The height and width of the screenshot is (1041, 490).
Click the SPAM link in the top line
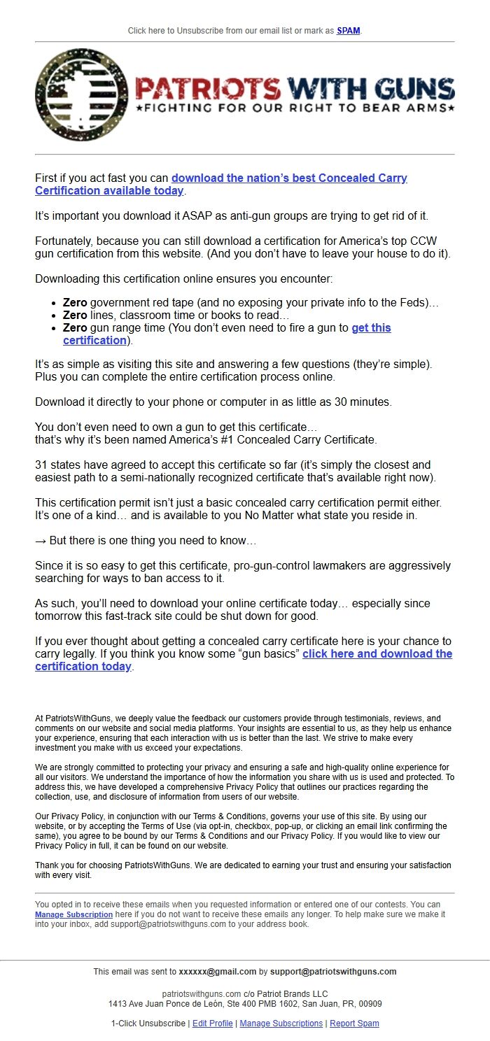[x=349, y=31]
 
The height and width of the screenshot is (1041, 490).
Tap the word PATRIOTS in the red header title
[x=207, y=88]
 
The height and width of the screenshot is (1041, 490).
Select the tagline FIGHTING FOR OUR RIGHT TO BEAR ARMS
[x=295, y=108]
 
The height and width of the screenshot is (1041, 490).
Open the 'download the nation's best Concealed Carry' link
[x=289, y=178]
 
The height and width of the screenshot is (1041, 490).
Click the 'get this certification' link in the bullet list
[x=371, y=328]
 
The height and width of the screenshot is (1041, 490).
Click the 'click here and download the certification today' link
[x=377, y=654]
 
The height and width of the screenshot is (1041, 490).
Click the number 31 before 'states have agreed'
[x=41, y=465]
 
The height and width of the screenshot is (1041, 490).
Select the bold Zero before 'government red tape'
[x=75, y=303]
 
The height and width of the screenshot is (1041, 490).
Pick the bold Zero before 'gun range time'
[x=75, y=328]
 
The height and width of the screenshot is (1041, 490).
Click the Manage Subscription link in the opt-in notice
[x=73, y=914]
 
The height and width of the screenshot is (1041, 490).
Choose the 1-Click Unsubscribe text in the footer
[x=148, y=1024]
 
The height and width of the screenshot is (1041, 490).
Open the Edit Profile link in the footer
[x=213, y=1024]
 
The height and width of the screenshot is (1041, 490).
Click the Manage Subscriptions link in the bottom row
[x=281, y=1024]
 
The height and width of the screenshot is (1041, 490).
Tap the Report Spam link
[x=354, y=1024]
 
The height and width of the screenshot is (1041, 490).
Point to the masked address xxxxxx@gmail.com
[x=217, y=972]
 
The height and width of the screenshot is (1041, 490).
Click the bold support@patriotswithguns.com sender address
[x=333, y=972]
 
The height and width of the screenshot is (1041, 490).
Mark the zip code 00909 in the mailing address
[x=370, y=1004]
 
